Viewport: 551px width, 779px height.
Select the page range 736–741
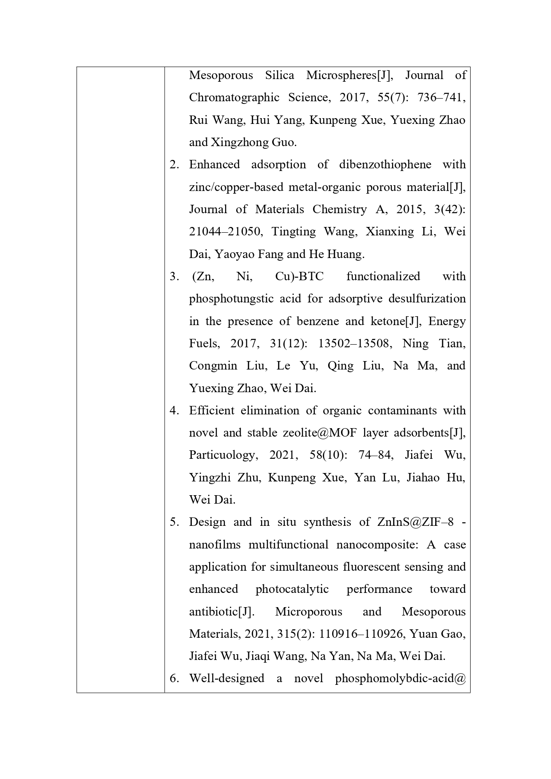point(441,98)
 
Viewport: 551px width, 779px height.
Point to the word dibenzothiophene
point(385,165)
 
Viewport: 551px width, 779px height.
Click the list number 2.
point(174,165)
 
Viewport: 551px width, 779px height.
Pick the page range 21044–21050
point(225,232)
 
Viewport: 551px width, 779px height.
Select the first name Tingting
point(292,232)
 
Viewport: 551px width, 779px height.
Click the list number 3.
point(174,277)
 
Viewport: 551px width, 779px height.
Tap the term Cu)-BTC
point(299,277)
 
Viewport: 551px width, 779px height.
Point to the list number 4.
point(174,411)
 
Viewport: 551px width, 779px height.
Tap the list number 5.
point(174,522)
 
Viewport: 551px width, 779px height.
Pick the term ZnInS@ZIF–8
point(416,522)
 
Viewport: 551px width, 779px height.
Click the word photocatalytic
point(292,589)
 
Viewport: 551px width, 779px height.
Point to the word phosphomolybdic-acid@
point(400,679)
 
